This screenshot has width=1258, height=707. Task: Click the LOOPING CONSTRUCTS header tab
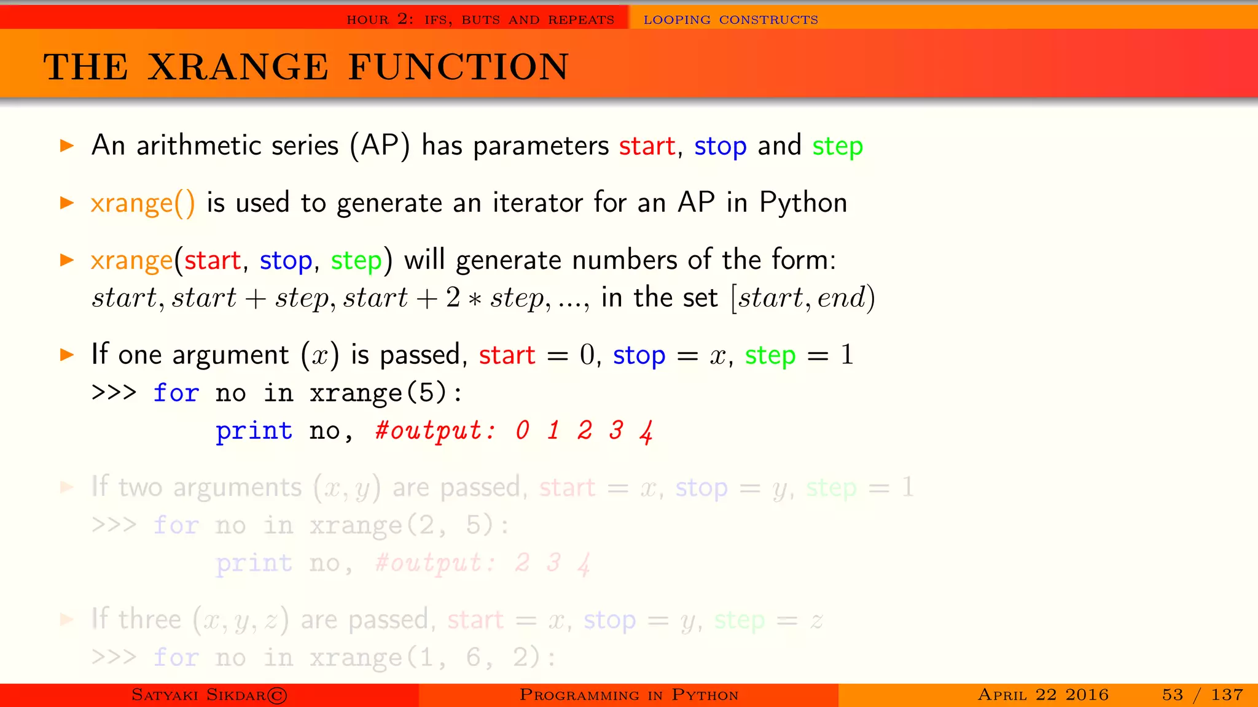730,20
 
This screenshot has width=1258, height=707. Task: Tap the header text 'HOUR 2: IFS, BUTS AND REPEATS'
480,20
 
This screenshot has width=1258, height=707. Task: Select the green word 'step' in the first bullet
837,147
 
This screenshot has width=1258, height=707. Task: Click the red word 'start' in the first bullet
647,146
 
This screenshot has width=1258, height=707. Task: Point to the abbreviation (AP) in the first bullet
380,146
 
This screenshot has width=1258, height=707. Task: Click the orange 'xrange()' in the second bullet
143,203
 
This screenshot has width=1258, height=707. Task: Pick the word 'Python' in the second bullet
803,203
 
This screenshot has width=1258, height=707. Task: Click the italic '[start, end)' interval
803,298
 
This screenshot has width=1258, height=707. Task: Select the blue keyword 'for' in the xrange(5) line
176,393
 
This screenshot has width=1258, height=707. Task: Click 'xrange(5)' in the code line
378,393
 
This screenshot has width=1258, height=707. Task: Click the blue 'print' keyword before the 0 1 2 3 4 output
254,431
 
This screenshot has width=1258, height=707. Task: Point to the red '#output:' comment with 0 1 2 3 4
435,431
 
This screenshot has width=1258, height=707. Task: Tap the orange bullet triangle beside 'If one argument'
67,355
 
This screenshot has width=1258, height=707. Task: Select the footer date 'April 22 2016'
1043,695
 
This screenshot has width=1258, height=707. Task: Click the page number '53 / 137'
1202,695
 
